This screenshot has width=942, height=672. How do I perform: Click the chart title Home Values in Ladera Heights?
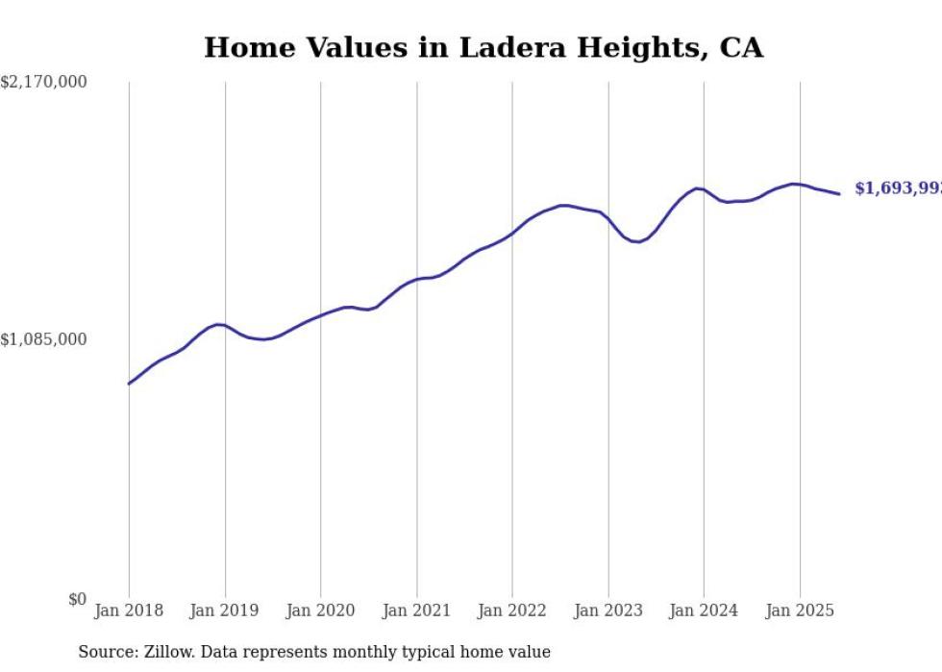(483, 48)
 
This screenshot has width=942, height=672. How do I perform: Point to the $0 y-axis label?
(77, 599)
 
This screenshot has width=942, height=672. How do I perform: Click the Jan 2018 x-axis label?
(129, 610)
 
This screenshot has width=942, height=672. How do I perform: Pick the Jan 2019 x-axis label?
(225, 610)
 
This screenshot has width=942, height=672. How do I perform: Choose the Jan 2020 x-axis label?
(320, 610)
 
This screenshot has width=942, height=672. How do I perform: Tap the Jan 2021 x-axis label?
(416, 610)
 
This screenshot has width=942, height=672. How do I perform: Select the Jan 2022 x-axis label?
(512, 610)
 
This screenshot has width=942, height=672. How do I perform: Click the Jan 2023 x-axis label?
(607, 610)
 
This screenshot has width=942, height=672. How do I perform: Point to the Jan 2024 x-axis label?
(704, 610)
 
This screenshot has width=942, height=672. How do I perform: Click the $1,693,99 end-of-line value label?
(898, 189)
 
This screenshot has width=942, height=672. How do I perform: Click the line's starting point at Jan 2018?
(129, 384)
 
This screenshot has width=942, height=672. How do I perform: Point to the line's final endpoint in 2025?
(839, 194)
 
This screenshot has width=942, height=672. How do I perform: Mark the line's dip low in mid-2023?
(636, 241)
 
